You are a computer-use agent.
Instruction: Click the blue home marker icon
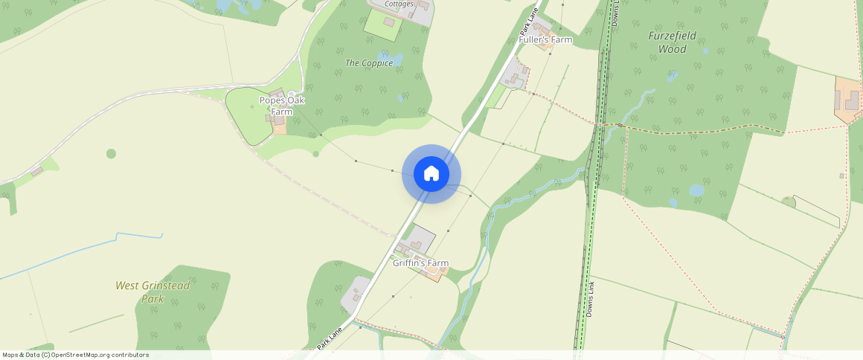pos(431,174)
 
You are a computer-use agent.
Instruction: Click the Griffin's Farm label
pos(421,263)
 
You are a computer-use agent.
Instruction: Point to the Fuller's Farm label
pos(545,39)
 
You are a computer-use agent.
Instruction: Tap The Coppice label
pos(369,63)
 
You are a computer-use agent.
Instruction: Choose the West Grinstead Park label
pos(153,292)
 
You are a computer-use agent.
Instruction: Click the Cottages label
pos(399,4)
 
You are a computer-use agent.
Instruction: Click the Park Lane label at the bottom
pos(330,335)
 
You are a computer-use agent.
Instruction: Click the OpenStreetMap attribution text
pos(75,355)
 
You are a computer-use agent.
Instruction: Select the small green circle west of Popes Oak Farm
pos(111,154)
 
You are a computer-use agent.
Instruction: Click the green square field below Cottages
pos(382,25)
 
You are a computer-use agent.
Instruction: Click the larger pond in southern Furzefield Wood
pos(697,190)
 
